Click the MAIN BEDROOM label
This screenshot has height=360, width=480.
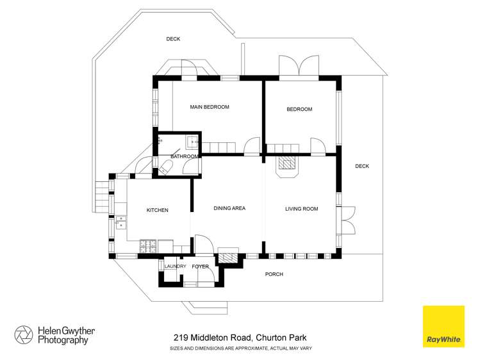click(209, 107)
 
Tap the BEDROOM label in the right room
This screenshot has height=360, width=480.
click(299, 110)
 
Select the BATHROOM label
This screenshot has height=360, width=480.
click(185, 156)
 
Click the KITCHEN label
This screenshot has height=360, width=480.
click(157, 210)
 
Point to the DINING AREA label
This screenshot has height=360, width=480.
click(229, 208)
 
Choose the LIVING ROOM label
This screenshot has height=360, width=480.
click(301, 208)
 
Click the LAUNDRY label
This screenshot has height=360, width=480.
click(175, 266)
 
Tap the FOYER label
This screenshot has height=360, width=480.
click(201, 266)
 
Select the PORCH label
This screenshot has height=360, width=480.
click(274, 274)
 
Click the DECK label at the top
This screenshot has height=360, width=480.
click(173, 39)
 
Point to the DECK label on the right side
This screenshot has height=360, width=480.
click(362, 166)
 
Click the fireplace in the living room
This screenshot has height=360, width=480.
click(286, 167)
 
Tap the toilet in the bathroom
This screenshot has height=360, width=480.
click(164, 168)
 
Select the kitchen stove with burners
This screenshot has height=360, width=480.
click(148, 245)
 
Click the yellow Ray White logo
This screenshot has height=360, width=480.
click(443, 326)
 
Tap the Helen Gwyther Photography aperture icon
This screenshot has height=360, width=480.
click(24, 335)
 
